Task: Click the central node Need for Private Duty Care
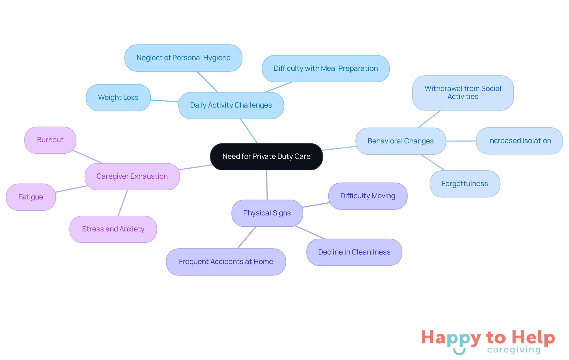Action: (266, 156)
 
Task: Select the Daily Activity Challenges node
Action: (231, 105)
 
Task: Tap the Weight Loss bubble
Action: (118, 97)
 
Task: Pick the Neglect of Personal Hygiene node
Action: (183, 58)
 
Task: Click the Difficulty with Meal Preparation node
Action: (326, 68)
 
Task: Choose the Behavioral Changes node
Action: (401, 141)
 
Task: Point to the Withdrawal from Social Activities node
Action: (463, 93)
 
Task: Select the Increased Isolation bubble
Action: (519, 141)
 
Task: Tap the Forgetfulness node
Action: (465, 184)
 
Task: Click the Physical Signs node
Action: (267, 213)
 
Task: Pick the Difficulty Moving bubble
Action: (368, 196)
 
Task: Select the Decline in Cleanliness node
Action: (354, 252)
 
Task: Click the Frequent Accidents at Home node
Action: (226, 262)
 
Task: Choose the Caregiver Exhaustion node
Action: (132, 176)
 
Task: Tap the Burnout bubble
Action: (50, 140)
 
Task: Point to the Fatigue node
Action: (31, 197)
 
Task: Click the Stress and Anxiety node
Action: (113, 229)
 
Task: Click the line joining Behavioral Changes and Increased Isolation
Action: (461, 141)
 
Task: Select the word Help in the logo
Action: (533, 338)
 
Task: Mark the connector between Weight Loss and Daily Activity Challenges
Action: (164, 101)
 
